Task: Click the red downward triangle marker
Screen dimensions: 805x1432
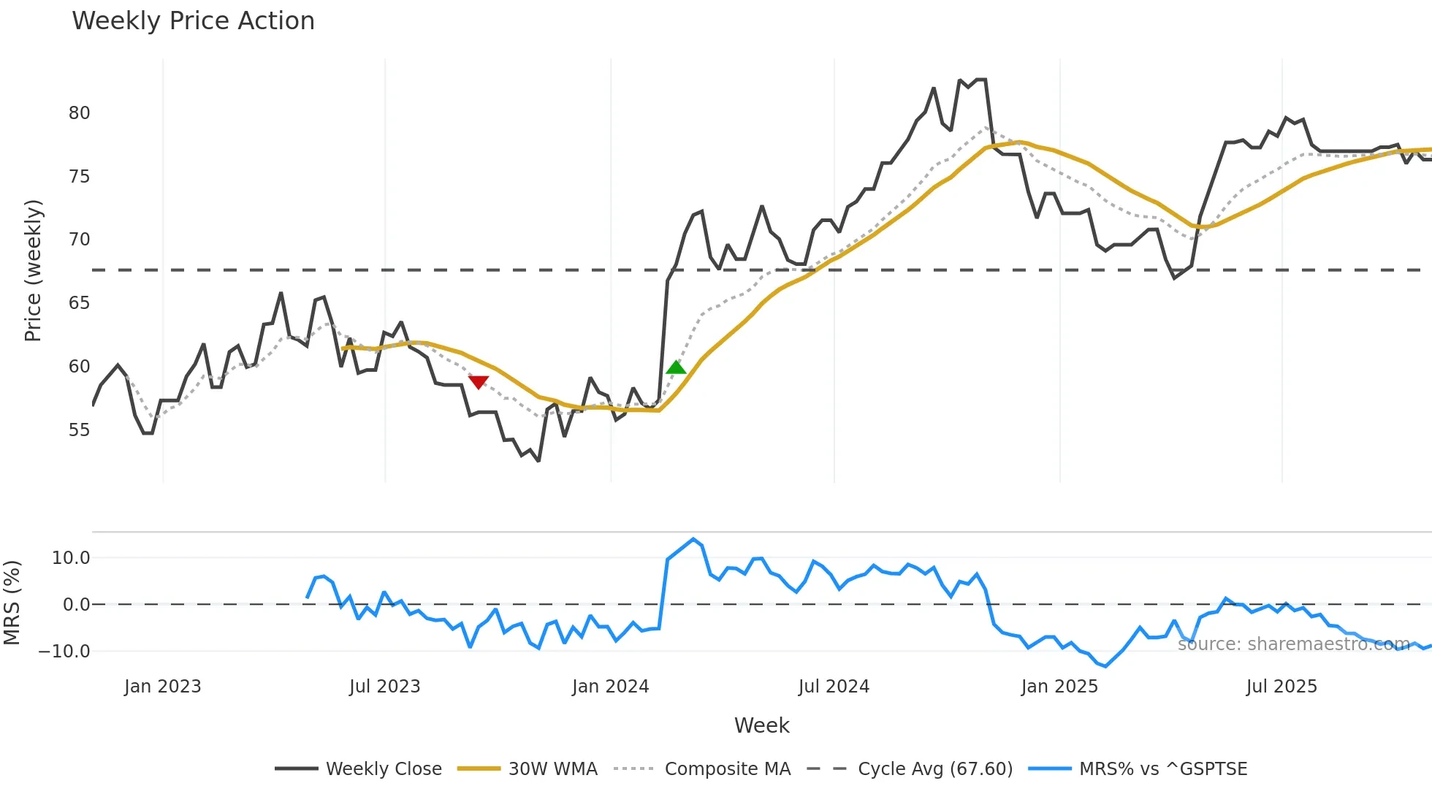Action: [479, 382]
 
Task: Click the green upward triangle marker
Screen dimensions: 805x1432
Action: [677, 367]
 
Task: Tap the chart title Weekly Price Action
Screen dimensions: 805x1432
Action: [193, 20]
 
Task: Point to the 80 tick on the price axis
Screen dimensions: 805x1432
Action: [79, 113]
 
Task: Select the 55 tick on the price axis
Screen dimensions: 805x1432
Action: [79, 430]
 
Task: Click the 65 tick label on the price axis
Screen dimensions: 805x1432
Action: [79, 303]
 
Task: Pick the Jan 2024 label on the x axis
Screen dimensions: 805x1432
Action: [610, 687]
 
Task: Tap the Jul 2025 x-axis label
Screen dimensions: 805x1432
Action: [1281, 687]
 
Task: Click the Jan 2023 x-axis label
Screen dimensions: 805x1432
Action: [162, 687]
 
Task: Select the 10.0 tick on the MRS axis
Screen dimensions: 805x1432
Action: [71, 558]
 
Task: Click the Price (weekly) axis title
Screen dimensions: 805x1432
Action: [33, 270]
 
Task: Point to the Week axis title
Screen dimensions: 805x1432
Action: [761, 725]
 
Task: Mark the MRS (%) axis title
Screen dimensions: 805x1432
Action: [12, 603]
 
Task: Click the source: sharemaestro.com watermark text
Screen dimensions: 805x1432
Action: [1293, 644]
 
